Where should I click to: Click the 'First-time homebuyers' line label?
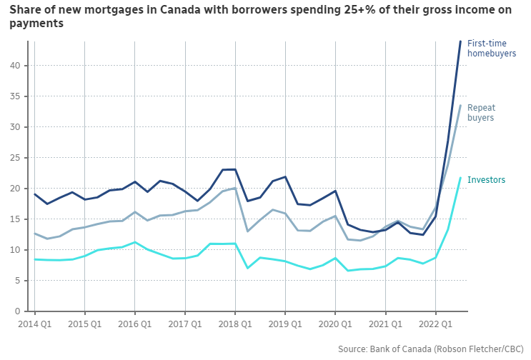(491, 48)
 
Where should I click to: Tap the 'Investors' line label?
(486, 180)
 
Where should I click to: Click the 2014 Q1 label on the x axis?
(34, 324)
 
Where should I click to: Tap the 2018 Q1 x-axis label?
(235, 324)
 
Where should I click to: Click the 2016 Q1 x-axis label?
(135, 324)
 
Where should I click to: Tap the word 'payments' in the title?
(36, 23)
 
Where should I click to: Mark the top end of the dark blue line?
(460, 41)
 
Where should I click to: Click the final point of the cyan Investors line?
(460, 178)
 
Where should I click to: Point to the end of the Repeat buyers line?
(460, 106)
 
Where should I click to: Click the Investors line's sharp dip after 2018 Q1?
(247, 268)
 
